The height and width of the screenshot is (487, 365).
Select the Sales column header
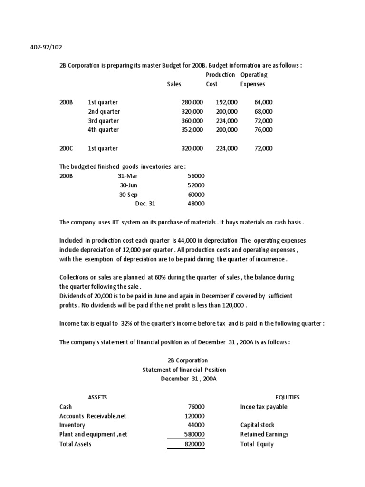[x=174, y=84]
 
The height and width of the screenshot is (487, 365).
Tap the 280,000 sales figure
[x=192, y=102]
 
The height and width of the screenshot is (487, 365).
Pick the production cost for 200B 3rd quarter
[x=227, y=121]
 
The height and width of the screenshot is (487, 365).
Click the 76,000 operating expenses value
[x=264, y=130]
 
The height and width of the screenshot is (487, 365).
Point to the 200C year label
[x=66, y=148]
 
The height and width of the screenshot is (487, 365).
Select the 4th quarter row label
[x=103, y=130]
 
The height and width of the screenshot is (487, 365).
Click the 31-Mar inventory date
[x=128, y=176]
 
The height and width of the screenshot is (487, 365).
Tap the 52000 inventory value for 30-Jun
[x=196, y=185]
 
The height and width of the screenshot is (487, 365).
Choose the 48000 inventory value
[x=196, y=204]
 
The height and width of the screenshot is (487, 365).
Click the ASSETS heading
[x=97, y=398]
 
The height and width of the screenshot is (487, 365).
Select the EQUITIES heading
[x=288, y=398]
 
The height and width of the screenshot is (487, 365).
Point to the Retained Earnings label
[x=264, y=435]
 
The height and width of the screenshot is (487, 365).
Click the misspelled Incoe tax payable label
[x=264, y=407]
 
